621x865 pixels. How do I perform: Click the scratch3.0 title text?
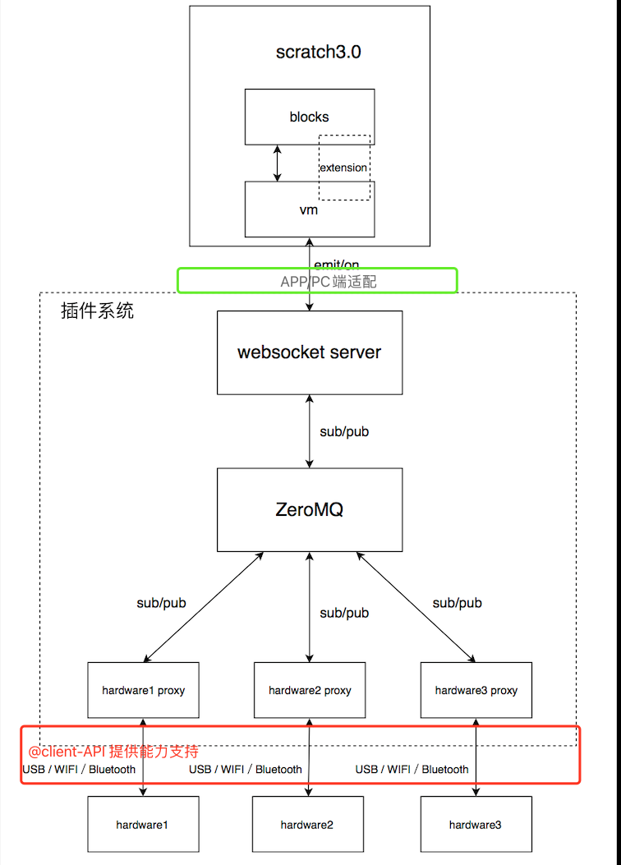(x=319, y=53)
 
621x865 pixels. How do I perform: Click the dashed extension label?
(x=344, y=168)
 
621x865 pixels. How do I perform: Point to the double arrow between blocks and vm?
(x=278, y=163)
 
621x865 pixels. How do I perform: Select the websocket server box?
(x=310, y=352)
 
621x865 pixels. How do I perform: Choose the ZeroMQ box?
(x=310, y=509)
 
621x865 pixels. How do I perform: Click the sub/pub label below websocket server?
(x=343, y=431)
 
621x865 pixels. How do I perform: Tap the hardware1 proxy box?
(x=144, y=690)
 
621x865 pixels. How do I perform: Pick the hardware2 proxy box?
(x=310, y=690)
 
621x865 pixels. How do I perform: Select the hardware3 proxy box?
(x=476, y=690)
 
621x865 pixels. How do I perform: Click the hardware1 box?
(x=144, y=824)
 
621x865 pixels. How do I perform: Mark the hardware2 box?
(x=307, y=824)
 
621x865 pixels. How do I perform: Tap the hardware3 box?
(x=476, y=824)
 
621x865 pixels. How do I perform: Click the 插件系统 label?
(x=97, y=311)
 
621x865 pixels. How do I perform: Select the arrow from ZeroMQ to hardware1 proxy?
(x=204, y=607)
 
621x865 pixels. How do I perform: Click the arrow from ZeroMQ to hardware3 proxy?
(x=416, y=607)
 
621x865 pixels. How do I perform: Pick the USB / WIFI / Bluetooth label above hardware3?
(x=412, y=770)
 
